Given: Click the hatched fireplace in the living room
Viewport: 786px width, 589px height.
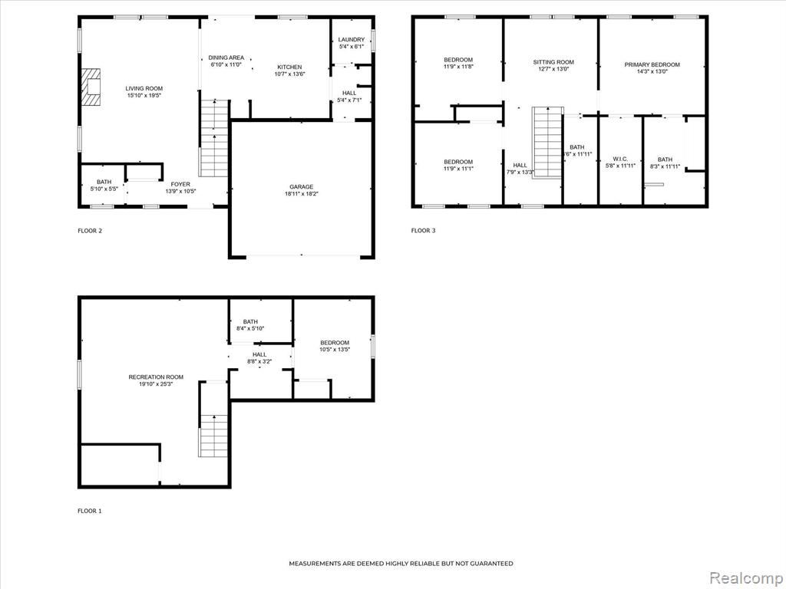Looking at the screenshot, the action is coord(91,87).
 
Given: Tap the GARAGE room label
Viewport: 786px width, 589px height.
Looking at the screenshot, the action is coord(301,187).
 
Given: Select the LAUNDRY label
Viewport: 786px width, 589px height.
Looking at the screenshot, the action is coord(352,40).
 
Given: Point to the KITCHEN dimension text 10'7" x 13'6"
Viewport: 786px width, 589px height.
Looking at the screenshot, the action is coord(289,74).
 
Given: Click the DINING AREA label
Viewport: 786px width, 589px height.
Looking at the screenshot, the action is coord(226,58).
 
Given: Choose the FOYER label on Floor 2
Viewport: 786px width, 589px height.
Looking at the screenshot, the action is coord(180,184).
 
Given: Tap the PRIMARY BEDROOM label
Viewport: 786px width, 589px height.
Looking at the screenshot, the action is coord(652,64).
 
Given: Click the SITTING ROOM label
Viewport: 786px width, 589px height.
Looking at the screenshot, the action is coord(553,62).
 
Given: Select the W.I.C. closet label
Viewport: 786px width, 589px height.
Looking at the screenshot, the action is coord(620,159).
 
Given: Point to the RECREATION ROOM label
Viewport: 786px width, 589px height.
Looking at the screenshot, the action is coord(156,377).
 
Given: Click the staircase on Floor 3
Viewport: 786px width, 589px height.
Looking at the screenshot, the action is coord(547,142).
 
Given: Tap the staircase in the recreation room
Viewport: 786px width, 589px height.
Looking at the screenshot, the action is coord(214,436).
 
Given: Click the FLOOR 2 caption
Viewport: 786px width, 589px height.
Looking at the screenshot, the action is coord(91,231).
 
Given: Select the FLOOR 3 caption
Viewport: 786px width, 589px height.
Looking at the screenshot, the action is coord(424,230).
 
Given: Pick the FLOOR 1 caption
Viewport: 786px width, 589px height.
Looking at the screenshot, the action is coord(90,511).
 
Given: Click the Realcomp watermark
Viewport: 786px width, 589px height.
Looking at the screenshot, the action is coord(746,578).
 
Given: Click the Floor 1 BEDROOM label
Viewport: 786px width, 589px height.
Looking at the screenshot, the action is coord(335,343).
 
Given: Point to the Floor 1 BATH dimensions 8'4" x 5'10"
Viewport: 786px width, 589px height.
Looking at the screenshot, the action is coord(250,328).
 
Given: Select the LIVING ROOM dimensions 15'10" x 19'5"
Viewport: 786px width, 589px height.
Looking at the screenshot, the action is coord(144,95).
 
